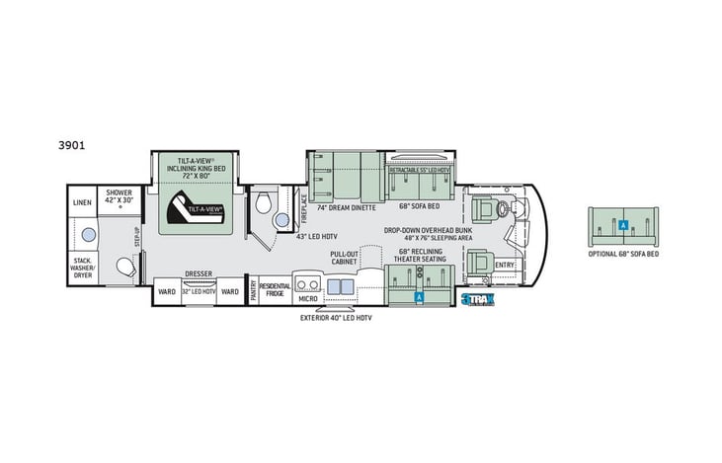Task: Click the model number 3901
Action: [x=71, y=143]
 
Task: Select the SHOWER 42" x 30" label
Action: [x=119, y=197]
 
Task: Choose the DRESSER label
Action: [x=199, y=274]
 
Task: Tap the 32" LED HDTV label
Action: [x=199, y=291]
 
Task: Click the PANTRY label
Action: [x=253, y=290]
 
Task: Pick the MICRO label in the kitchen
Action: [x=307, y=295]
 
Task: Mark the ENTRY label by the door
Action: [x=505, y=265]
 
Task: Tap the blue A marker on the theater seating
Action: [x=419, y=295]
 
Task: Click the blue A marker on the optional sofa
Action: [x=622, y=226]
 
